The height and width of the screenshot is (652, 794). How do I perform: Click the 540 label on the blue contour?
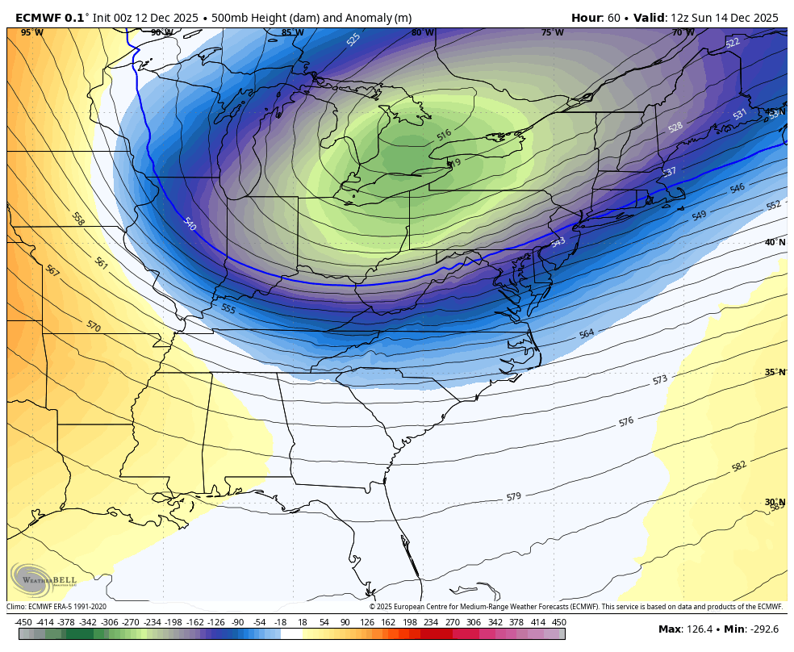point(190,224)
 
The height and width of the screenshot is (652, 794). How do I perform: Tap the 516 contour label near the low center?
point(444,135)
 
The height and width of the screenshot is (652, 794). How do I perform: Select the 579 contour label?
point(513,496)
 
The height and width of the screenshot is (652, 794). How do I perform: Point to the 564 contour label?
point(586,333)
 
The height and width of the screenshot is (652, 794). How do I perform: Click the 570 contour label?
point(94,325)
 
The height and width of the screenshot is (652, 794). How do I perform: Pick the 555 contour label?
point(228,308)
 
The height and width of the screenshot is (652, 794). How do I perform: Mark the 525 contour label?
point(353,40)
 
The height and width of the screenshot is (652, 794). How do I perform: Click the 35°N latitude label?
point(775,372)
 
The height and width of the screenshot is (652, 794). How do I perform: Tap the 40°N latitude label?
point(775,242)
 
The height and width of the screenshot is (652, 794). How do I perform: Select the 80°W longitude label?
point(422,33)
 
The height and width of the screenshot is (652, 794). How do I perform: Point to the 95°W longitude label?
point(32,33)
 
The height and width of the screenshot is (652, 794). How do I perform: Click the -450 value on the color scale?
point(23,622)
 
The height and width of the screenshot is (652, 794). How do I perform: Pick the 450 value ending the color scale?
point(558,622)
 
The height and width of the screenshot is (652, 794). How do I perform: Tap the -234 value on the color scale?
point(152,622)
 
